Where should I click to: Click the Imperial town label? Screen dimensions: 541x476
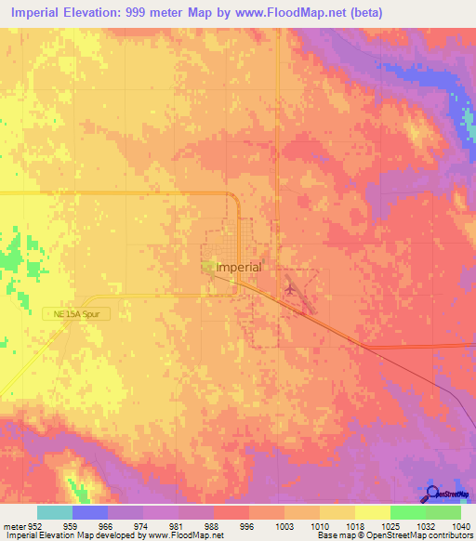(x=239, y=267)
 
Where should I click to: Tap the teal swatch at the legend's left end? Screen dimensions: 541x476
(x=55, y=512)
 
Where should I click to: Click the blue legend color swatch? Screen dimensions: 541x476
(x=90, y=512)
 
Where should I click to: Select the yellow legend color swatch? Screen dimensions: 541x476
(x=372, y=512)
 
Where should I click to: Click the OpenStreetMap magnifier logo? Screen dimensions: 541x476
(x=433, y=495)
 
